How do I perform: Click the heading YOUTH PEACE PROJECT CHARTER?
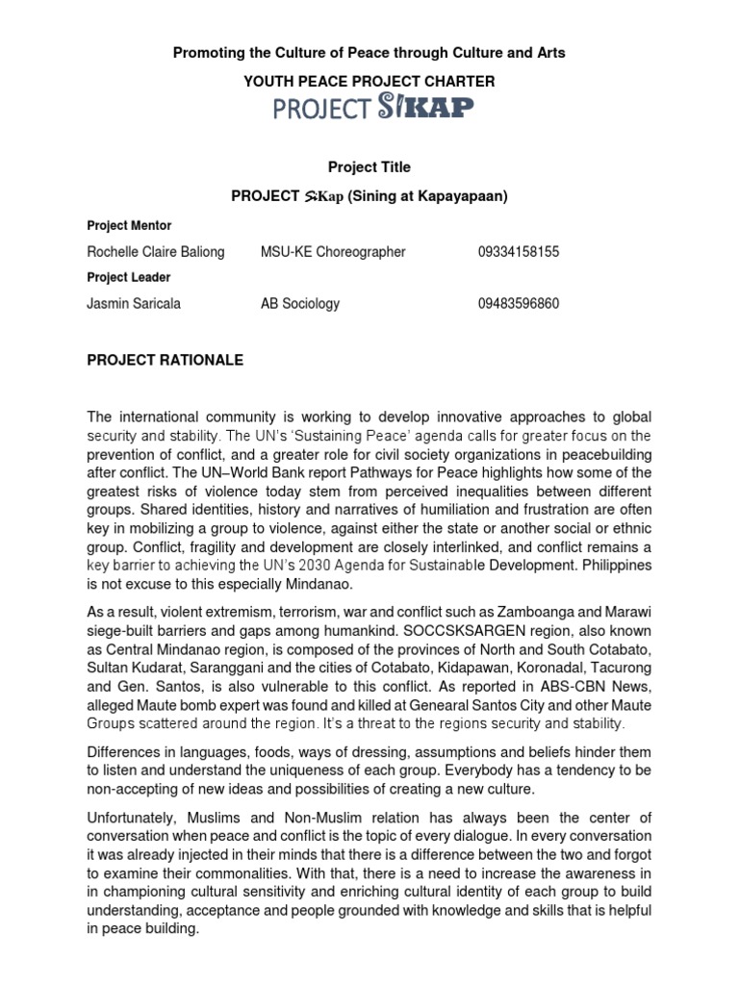coord(369,82)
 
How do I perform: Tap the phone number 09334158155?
coord(519,252)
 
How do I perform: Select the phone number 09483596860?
coord(519,304)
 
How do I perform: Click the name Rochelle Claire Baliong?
coord(156,252)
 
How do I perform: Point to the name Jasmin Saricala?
coord(134,304)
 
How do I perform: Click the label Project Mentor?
coord(129,226)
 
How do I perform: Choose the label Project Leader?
coord(129,278)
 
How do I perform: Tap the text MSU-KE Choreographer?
coord(333,252)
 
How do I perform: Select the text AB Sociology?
coord(300,304)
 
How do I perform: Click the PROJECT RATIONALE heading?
coord(166,361)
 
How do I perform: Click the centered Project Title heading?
coord(369,167)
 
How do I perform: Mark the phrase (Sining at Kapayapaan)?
coord(428,197)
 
